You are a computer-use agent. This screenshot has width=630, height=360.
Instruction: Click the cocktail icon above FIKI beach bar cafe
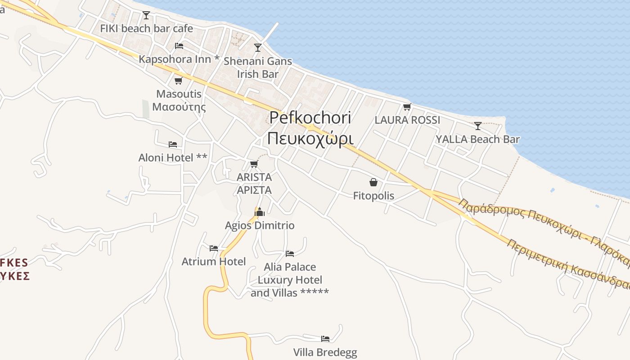146,15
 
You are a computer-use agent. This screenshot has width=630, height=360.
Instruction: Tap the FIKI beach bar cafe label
146,28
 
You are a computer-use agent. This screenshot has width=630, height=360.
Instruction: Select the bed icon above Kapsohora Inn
179,45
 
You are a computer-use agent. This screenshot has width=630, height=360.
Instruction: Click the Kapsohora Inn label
179,59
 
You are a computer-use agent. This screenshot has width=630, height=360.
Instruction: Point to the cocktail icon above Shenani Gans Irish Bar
258,47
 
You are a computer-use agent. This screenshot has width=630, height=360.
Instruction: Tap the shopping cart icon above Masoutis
178,81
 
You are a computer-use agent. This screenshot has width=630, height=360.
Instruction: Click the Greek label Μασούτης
179,107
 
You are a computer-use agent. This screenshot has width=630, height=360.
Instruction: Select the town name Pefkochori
310,118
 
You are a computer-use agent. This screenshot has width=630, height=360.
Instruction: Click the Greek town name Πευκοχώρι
310,138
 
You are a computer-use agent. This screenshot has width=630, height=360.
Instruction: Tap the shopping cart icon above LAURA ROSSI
407,107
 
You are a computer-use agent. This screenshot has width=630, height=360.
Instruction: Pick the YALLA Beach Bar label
477,139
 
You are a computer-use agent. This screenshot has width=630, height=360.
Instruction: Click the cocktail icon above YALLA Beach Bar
478,126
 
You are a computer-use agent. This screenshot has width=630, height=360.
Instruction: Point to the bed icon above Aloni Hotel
173,144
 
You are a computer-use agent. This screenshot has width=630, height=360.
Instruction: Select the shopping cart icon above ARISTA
254,164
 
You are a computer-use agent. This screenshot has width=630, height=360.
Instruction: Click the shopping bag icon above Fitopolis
373,182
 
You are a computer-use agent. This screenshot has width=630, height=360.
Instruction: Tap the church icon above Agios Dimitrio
260,211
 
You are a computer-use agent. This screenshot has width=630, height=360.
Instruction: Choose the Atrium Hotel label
214,261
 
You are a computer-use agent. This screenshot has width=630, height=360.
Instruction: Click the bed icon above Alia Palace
290,254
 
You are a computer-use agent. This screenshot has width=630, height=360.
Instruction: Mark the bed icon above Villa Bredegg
325,338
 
